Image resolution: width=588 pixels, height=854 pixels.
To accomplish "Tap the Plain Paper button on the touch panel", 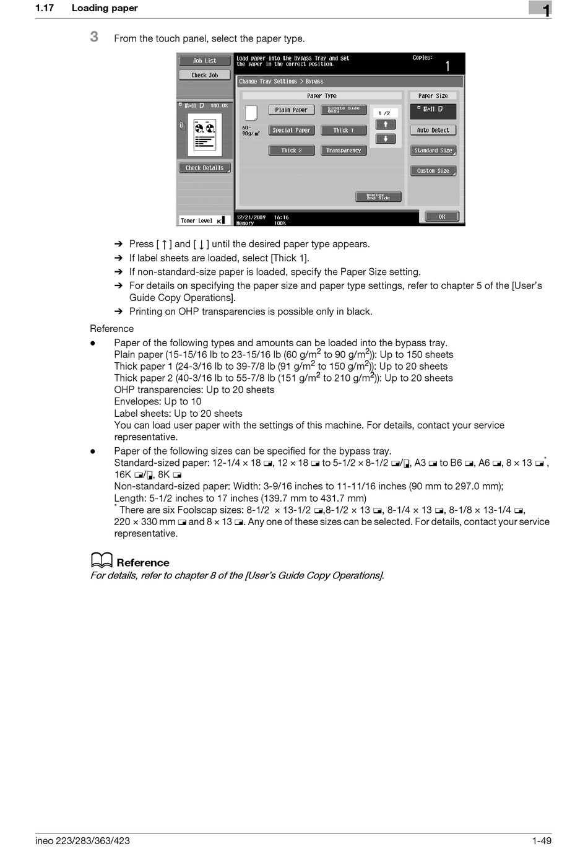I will click(x=292, y=110).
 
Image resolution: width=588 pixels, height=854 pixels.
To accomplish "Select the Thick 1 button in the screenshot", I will click(x=344, y=131).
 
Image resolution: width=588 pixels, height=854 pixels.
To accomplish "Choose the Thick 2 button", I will click(x=292, y=150).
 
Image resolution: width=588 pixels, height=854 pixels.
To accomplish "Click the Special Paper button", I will click(x=292, y=131).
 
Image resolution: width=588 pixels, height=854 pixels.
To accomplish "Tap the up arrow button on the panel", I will click(x=386, y=124).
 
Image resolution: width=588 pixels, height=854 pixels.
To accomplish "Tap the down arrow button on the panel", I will click(x=386, y=139).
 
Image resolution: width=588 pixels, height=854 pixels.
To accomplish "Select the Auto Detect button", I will click(x=433, y=131).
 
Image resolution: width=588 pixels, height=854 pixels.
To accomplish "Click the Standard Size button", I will click(x=433, y=150).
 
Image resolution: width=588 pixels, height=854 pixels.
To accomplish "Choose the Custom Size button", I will click(x=433, y=171).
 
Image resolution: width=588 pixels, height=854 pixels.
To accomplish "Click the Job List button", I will click(x=204, y=61).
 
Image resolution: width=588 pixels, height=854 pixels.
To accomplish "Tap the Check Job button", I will click(x=204, y=75).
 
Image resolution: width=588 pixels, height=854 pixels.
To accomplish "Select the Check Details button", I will click(x=204, y=168).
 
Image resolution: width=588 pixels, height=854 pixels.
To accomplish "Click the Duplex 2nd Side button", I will click(x=378, y=197).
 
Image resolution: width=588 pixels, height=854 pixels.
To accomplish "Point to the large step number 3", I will click(x=94, y=37).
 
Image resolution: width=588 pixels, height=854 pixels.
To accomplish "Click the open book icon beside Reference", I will click(x=102, y=560).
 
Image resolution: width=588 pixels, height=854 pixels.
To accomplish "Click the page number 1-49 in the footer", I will click(x=541, y=840).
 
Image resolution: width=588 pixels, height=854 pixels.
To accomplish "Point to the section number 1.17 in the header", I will click(x=45, y=8).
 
